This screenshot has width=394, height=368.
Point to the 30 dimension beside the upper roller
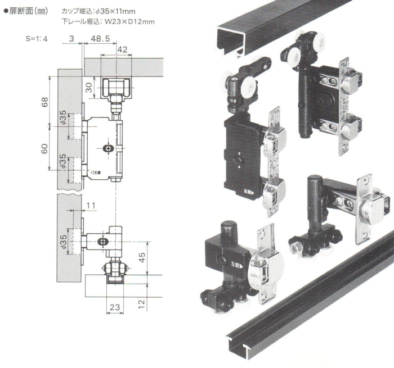click(x=89, y=88)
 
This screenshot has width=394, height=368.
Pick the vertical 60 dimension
click(x=44, y=150)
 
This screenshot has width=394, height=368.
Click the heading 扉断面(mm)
click(x=29, y=11)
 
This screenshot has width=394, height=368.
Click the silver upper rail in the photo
click(x=293, y=25)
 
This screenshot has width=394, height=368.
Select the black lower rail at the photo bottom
click(x=315, y=303)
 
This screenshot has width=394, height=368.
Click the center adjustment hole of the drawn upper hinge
click(x=108, y=148)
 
